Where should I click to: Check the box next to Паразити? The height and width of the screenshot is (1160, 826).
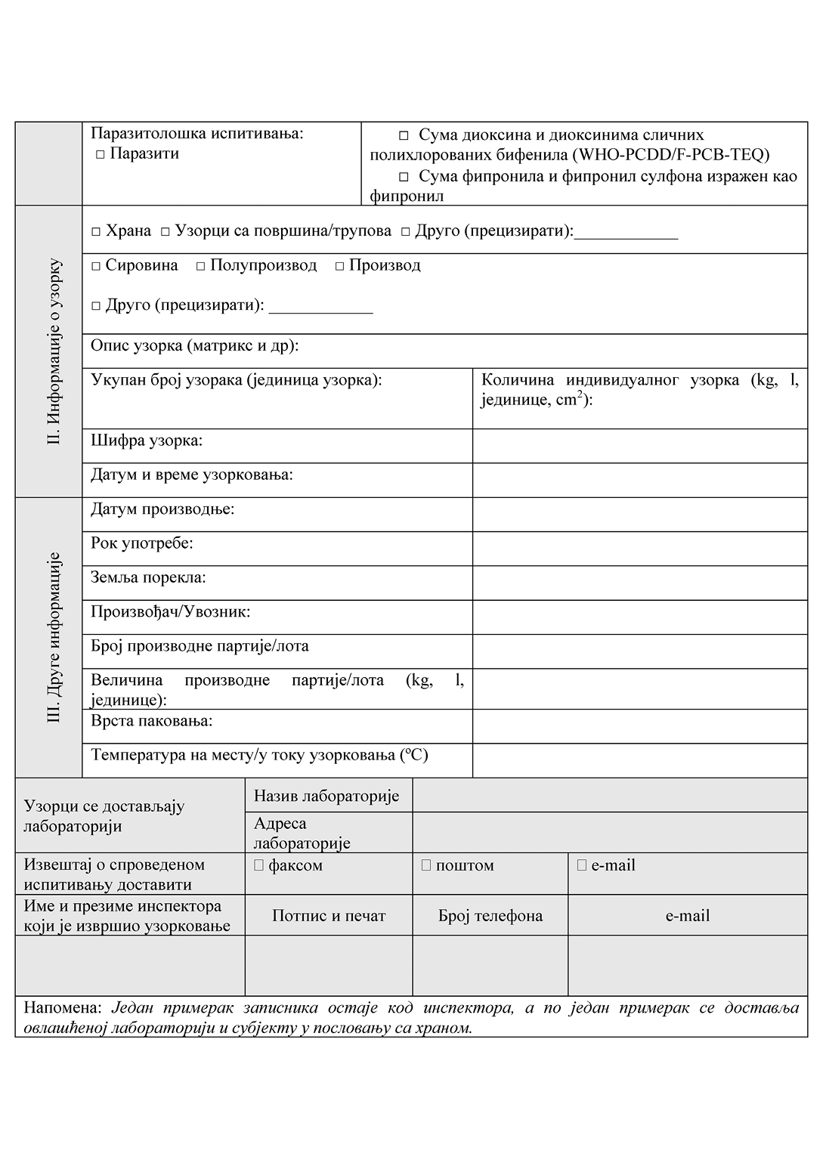[x=100, y=154]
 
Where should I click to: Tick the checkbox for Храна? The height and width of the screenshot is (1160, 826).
[x=96, y=232]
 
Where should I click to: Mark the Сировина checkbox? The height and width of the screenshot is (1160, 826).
[x=96, y=266]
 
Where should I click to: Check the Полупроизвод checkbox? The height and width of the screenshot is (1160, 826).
[x=200, y=266]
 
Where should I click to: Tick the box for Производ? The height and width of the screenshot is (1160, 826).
[x=339, y=266]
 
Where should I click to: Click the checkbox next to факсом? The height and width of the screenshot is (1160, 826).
[x=258, y=865]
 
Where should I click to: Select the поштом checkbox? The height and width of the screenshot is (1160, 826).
[x=426, y=865]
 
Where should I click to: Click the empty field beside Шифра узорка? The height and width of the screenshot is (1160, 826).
[x=639, y=446]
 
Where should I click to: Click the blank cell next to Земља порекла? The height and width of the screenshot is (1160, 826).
[x=639, y=583]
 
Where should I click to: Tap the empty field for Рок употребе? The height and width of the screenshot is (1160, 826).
[x=639, y=549]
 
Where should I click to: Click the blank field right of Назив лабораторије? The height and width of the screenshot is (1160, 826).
[x=609, y=795]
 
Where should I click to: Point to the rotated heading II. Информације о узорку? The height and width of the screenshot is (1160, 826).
[x=54, y=351]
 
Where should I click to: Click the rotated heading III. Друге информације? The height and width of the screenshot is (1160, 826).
[x=54, y=637]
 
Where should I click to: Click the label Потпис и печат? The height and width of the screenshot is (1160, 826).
[x=329, y=916]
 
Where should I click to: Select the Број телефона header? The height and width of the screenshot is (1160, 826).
[x=490, y=916]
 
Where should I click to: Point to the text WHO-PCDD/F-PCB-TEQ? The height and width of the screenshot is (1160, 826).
[x=670, y=156]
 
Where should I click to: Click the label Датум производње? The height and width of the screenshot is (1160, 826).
[x=162, y=509]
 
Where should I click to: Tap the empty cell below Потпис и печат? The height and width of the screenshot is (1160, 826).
[x=329, y=965]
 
